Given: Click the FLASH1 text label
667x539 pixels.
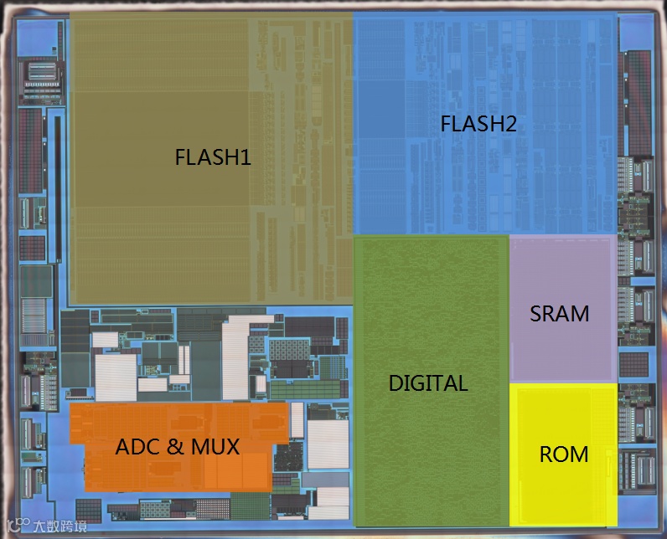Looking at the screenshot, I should click(x=213, y=157).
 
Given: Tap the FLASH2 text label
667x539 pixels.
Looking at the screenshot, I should click(x=478, y=125).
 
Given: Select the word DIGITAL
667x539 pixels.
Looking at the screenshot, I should click(x=427, y=383).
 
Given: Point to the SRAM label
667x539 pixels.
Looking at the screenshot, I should click(x=559, y=314).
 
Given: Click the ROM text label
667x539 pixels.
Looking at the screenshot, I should click(x=563, y=455).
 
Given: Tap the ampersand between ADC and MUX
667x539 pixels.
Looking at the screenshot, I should click(x=175, y=447).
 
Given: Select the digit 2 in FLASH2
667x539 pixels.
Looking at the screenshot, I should click(x=510, y=125).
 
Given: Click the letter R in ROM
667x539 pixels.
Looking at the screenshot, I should click(x=546, y=455).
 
